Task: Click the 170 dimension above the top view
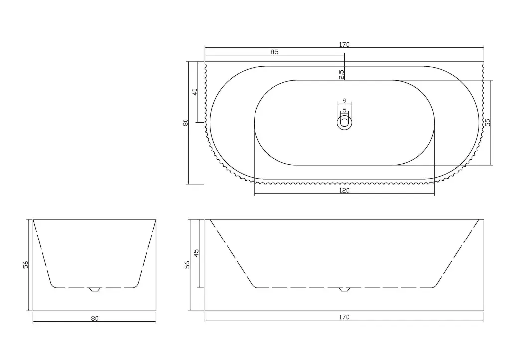pyautogui.click(x=344, y=44)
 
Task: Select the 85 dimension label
pyautogui.click(x=274, y=52)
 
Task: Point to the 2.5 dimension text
pyautogui.click(x=341, y=74)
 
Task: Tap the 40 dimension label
pyautogui.click(x=195, y=92)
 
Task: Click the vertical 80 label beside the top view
pyautogui.click(x=186, y=122)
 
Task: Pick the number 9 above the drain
pyautogui.click(x=345, y=101)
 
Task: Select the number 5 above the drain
pyautogui.click(x=345, y=110)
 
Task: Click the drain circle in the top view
pyautogui.click(x=345, y=123)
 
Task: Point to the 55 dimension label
pyautogui.click(x=487, y=122)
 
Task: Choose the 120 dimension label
pyautogui.click(x=344, y=190)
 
